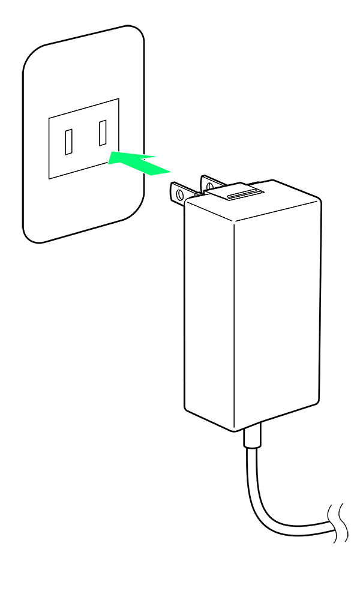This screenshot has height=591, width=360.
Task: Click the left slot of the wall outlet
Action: point(69,142)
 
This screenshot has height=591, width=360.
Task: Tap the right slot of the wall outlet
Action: point(103,133)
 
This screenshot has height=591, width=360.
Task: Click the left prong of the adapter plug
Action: point(181,193)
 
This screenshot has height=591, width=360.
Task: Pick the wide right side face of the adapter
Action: point(276,312)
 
